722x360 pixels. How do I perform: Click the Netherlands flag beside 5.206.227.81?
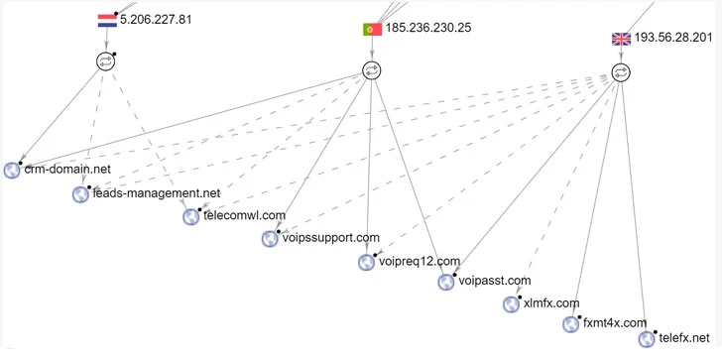(107, 19)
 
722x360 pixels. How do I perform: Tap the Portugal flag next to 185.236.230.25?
(372, 29)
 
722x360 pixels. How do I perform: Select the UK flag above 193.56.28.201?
(622, 39)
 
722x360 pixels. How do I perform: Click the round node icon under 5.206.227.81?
(106, 61)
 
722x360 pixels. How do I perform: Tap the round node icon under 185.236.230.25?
(371, 69)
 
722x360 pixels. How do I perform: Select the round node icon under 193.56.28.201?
(621, 72)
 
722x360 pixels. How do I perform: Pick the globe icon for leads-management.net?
(81, 194)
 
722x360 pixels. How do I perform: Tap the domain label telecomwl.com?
(244, 215)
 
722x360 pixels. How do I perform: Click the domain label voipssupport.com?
(331, 238)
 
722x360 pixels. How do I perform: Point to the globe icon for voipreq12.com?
(367, 262)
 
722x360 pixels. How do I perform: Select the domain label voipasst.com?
(496, 281)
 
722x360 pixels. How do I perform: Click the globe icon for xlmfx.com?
(511, 303)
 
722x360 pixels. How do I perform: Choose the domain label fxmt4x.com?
(614, 323)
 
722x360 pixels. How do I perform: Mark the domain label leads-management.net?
(156, 193)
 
